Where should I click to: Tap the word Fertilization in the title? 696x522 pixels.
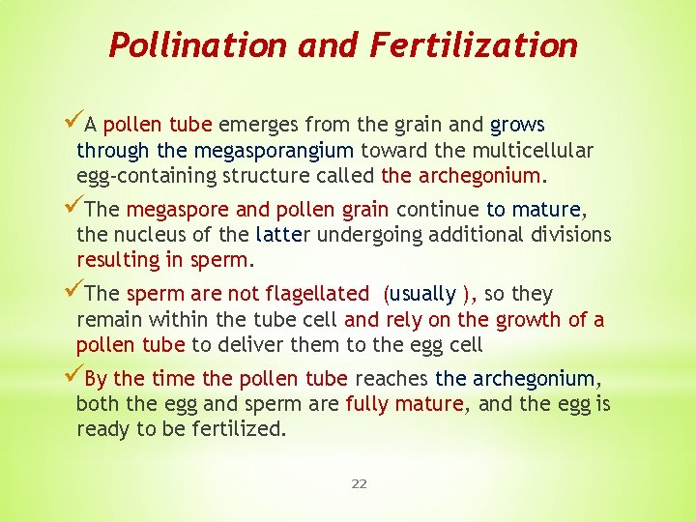471,44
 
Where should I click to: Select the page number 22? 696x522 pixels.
359,483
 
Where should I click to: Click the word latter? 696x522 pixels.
282,235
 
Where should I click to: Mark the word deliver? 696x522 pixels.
250,345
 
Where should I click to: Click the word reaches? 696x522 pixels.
394,379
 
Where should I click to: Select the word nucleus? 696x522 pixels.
146,235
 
